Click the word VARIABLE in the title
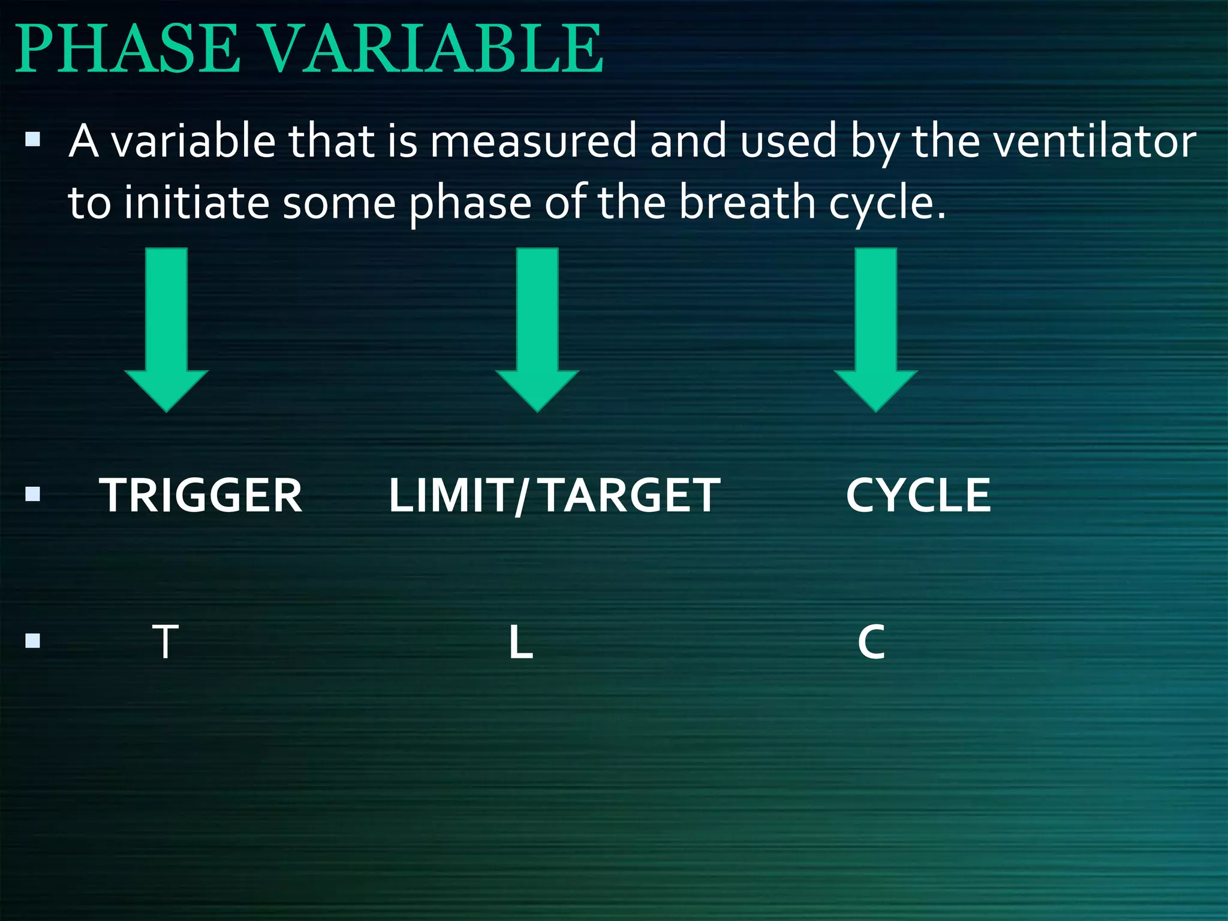pyautogui.click(x=433, y=49)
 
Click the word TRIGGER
pyautogui.click(x=201, y=496)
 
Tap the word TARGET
pyautogui.click(x=631, y=496)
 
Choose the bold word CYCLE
pyautogui.click(x=918, y=496)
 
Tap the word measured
pyautogui.click(x=532, y=142)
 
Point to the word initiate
pyautogui.click(x=197, y=203)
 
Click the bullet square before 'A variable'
pyautogui.click(x=33, y=141)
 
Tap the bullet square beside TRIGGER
pyautogui.click(x=33, y=495)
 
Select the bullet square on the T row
pyautogui.click(x=33, y=642)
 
